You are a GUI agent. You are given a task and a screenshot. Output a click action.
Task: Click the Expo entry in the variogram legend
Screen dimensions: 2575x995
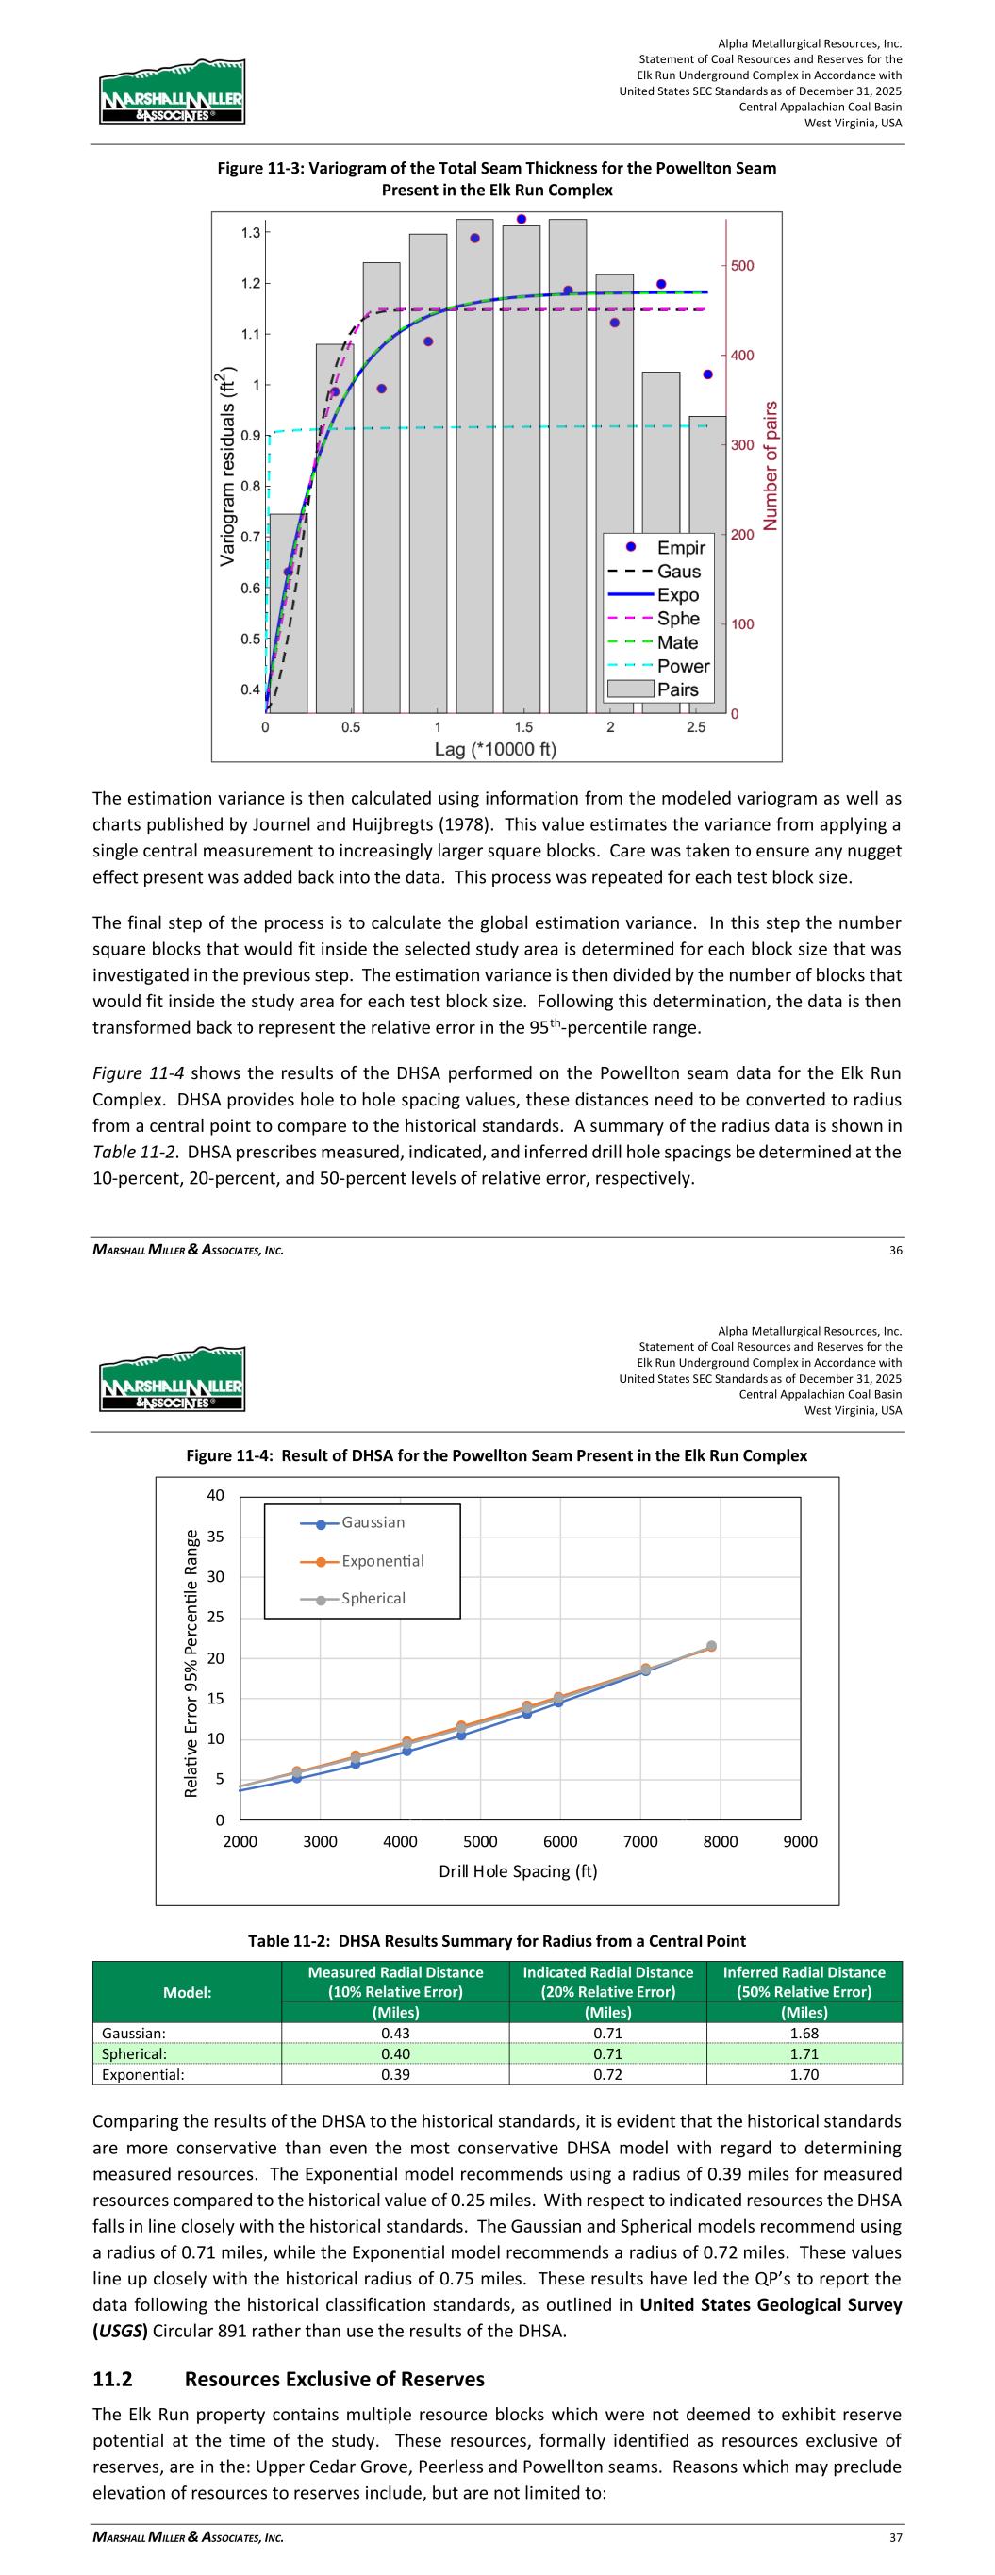[x=677, y=595]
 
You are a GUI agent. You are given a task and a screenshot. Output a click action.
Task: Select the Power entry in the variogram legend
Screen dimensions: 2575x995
[x=683, y=666]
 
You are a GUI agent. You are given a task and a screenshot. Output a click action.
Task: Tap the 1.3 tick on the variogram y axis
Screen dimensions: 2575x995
[x=250, y=233]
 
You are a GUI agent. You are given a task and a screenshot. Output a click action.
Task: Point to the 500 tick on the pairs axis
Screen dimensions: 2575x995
[x=742, y=266]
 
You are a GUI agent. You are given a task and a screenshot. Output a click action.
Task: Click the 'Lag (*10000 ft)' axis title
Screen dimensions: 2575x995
[x=495, y=749]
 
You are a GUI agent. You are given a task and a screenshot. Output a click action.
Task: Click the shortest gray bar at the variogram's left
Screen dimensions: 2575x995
[x=289, y=613]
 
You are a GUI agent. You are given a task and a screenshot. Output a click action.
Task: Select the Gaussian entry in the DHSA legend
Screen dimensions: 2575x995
[x=372, y=1522]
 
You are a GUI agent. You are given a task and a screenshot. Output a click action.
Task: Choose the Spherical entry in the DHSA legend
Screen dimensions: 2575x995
[x=373, y=1599]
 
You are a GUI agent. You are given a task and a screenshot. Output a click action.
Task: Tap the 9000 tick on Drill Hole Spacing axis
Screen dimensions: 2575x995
[x=800, y=1842]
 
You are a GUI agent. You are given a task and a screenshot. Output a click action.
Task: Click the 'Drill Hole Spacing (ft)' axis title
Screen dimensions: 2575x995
[x=518, y=1871]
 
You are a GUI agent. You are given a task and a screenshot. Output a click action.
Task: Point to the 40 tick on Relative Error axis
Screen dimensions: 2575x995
[x=216, y=1496]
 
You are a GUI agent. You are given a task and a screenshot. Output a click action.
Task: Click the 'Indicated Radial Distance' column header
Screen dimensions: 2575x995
[x=607, y=1973]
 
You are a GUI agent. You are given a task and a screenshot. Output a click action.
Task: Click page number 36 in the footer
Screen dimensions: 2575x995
[x=895, y=1251]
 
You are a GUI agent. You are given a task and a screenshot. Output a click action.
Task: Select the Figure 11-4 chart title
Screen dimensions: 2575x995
[x=496, y=1455]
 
